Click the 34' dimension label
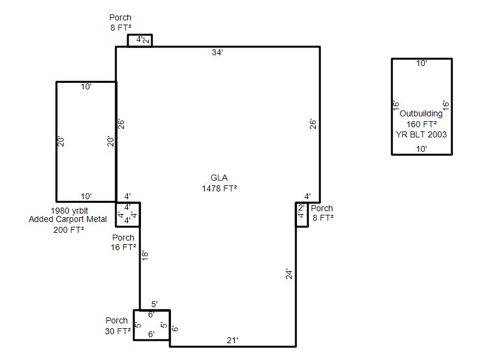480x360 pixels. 217,52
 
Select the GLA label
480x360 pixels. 219,178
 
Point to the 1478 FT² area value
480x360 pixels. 220,188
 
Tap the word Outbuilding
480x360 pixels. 421,114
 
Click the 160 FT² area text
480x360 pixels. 422,124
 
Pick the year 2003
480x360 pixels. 437,134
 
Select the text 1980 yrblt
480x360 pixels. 69,211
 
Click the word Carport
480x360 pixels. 68,219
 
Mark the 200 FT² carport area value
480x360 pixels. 69,230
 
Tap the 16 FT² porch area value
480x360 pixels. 124,247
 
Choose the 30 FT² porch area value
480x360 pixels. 118,331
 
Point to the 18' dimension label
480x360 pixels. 145,256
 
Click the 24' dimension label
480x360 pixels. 289,274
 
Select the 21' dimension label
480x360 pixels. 233,340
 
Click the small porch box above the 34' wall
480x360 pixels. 140,35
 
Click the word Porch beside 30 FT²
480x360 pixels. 116,320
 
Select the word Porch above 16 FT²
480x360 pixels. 124,238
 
